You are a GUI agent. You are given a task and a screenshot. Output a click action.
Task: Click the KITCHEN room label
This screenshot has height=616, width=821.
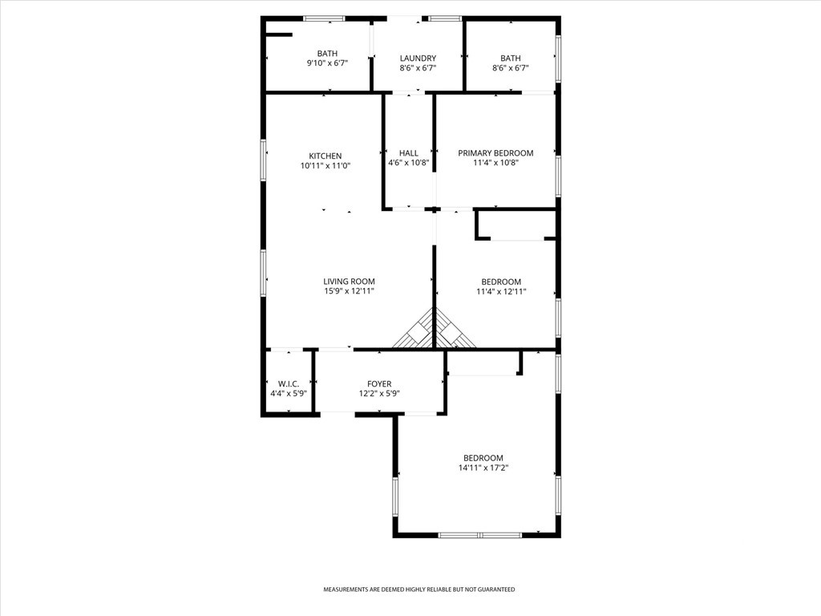point(326,156)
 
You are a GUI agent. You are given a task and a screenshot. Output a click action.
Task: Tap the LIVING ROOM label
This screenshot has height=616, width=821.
point(349,282)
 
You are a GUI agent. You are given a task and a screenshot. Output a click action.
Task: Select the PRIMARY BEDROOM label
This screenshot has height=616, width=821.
point(495,153)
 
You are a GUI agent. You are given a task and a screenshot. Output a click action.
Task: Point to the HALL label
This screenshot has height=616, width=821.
point(409,153)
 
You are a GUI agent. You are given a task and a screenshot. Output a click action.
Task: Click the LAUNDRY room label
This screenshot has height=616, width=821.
point(418,58)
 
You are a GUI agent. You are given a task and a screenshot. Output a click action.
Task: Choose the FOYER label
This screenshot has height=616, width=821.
point(379,384)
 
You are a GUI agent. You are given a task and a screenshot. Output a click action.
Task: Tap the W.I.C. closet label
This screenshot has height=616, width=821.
point(289,384)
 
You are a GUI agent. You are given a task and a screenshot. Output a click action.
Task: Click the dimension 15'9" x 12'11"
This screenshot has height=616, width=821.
point(349,291)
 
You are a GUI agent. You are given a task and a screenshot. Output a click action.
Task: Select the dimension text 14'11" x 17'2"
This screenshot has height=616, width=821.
point(483,468)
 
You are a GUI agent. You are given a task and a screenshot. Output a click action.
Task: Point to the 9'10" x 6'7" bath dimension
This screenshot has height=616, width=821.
point(327,63)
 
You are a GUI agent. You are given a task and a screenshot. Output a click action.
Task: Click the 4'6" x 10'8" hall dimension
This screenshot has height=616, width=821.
point(408,163)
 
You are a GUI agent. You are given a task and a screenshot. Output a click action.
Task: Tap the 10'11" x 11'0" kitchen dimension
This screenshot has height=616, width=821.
point(326,166)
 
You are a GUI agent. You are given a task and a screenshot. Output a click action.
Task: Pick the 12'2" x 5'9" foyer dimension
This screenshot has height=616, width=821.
point(379,394)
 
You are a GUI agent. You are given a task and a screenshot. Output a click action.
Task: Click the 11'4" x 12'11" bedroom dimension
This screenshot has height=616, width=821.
point(501,292)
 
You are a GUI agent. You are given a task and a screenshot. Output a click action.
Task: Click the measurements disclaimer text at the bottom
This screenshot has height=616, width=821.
point(419,590)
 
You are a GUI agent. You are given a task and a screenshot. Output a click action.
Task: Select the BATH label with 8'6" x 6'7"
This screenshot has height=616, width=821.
point(511,58)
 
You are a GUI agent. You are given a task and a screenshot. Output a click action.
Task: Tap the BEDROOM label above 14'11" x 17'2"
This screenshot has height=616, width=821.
point(483,458)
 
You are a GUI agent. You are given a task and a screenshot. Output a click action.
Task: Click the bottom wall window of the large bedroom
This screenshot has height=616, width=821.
point(480,535)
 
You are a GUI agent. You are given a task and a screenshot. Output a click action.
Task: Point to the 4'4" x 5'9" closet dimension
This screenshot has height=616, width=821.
point(289,394)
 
